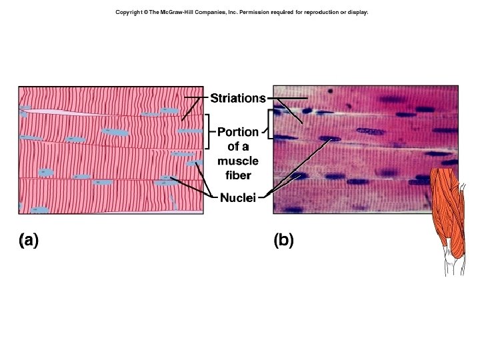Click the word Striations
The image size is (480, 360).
pos(238,99)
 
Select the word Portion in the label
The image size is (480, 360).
pos(238,132)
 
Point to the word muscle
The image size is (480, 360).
pos(238,161)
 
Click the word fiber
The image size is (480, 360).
pos(238,175)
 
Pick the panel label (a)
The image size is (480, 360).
pos(28,241)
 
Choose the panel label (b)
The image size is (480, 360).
pos(283,241)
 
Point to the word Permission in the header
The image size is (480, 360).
pos(255,13)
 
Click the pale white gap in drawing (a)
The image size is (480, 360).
pos(67,111)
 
